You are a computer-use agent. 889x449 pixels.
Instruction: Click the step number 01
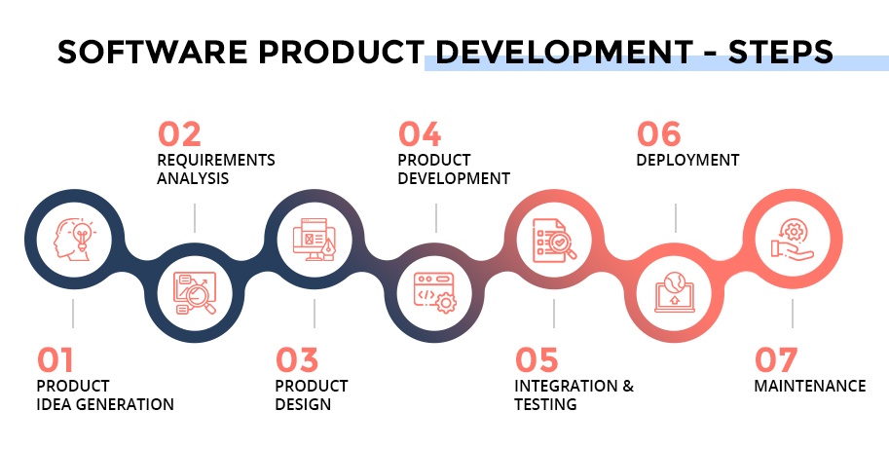(x=56, y=360)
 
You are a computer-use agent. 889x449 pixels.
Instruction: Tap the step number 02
(x=179, y=134)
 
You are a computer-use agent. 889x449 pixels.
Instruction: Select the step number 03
(x=297, y=360)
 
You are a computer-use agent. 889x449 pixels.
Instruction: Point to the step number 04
(x=420, y=134)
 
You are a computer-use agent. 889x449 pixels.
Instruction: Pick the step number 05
(x=537, y=360)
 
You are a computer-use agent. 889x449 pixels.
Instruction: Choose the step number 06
(x=659, y=134)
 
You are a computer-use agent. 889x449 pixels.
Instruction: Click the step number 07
(x=776, y=360)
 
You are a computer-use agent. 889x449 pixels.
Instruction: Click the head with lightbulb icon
(x=74, y=240)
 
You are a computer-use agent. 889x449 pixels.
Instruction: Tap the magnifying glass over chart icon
(x=195, y=293)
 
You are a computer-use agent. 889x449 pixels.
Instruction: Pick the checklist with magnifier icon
(x=554, y=241)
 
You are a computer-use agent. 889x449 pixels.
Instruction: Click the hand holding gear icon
(x=793, y=241)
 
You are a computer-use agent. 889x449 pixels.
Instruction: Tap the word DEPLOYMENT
(x=687, y=161)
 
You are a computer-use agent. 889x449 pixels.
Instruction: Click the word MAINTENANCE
(x=810, y=386)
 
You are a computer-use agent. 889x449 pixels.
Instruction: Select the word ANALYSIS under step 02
(x=193, y=178)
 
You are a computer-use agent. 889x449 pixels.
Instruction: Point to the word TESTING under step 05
(x=545, y=404)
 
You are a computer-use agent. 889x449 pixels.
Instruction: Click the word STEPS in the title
(x=781, y=53)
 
